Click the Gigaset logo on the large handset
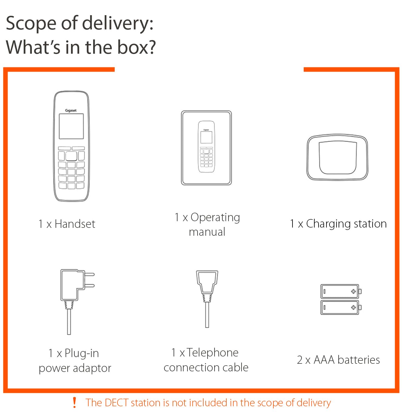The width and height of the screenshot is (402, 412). (71, 110)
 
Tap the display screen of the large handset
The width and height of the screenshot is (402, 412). (71, 126)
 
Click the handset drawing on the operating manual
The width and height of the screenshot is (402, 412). (206, 147)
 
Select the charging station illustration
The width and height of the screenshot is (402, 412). (337, 157)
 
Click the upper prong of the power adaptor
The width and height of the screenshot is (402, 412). (89, 274)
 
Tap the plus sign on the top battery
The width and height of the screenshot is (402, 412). (353, 291)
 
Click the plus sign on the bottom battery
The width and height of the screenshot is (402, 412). (353, 307)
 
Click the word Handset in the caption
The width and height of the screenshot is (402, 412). (75, 224)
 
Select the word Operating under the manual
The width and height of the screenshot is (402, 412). (215, 218)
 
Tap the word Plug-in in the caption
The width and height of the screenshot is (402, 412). (82, 353)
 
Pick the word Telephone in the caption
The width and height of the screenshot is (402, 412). (212, 353)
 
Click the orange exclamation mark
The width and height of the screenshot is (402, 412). (74, 403)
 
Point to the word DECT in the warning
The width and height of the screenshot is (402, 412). (116, 403)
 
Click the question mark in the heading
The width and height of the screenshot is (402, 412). (151, 47)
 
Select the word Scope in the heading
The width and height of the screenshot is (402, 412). (31, 24)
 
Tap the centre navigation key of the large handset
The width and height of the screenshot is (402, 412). (71, 156)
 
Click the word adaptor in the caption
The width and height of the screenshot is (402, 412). (92, 368)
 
